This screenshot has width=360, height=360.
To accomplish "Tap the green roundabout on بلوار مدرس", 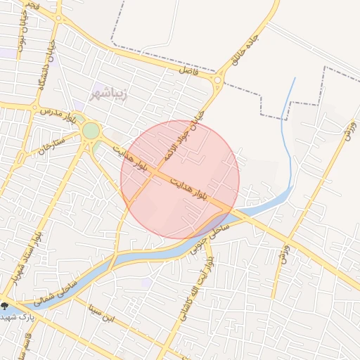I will [x=91, y=131].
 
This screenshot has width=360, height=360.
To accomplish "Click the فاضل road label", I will [x=189, y=71].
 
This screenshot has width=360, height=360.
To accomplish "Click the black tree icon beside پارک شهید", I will [x=5, y=305].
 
